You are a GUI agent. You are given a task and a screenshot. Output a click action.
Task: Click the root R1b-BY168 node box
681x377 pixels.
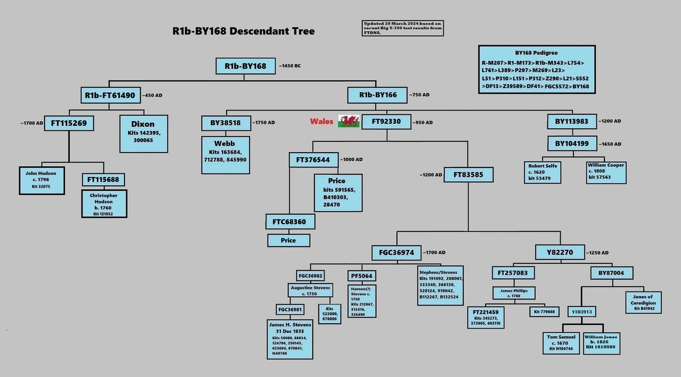tap(245, 66)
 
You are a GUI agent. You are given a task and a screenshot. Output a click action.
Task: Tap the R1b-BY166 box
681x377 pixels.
tap(378, 95)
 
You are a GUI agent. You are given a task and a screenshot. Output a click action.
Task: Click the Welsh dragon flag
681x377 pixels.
tap(349, 121)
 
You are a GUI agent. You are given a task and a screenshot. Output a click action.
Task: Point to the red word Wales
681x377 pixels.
tap(321, 121)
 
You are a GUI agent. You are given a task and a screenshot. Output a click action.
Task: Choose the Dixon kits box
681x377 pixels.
tap(143, 132)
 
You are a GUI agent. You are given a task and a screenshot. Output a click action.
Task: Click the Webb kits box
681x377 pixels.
tap(225, 152)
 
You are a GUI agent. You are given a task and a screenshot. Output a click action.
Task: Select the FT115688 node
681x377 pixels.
tap(104, 180)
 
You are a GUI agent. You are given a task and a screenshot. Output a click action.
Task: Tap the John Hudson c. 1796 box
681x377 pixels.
tap(41, 180)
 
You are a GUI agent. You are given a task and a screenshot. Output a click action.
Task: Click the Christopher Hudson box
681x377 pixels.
tap(104, 204)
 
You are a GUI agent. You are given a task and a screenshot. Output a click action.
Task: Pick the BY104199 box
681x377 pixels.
tap(571, 144)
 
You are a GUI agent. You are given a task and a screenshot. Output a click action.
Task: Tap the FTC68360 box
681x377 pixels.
tap(289, 222)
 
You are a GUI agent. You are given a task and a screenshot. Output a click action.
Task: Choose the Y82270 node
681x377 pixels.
tap(559, 253)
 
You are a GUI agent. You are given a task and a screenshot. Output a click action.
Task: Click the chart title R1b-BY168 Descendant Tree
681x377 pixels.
tap(243, 31)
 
